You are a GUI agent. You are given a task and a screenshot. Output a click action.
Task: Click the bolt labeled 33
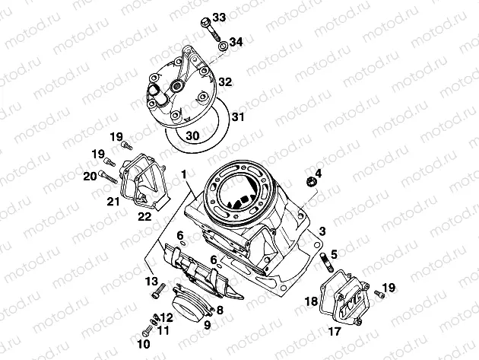click(x=211, y=30)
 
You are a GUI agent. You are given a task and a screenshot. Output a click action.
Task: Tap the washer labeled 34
click(x=223, y=46)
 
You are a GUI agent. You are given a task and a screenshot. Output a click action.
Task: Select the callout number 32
click(x=225, y=82)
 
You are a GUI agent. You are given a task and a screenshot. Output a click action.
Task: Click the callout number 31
click(x=237, y=116)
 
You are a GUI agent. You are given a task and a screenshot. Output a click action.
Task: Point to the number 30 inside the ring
click(x=192, y=135)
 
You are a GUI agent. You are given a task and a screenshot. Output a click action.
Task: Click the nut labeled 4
click(x=311, y=181)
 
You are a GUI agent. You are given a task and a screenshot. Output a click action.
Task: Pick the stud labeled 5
click(x=325, y=262)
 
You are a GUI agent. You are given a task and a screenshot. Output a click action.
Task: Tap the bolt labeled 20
click(x=108, y=177)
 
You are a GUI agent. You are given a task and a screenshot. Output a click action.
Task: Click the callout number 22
click(x=144, y=217)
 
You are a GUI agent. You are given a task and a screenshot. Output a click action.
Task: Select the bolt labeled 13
click(x=159, y=291)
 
